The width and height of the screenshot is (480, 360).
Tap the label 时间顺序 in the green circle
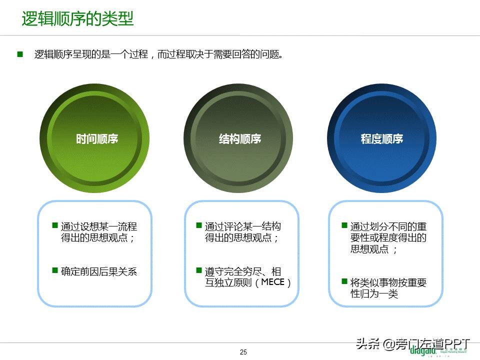(x=97, y=139)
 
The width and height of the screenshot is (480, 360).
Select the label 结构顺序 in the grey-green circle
(x=240, y=139)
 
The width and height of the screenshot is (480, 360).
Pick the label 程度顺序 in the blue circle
(x=382, y=139)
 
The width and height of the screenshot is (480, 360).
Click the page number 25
(x=243, y=352)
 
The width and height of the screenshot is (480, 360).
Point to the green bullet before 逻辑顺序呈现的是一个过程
(x=20, y=54)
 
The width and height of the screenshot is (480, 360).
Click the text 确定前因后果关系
(x=99, y=271)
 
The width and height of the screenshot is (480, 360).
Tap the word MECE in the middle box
(x=273, y=282)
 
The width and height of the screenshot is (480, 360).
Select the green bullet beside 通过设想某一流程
(x=55, y=225)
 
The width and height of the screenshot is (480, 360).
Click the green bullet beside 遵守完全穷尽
(x=199, y=270)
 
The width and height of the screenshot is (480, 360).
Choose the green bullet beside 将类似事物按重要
(x=344, y=281)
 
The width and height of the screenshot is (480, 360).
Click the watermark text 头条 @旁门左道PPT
(x=413, y=343)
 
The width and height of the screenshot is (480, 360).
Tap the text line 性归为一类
(x=374, y=294)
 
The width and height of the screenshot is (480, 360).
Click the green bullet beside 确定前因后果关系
(x=55, y=270)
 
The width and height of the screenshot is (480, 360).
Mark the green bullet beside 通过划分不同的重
(x=344, y=225)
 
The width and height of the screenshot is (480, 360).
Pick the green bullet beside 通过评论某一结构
(x=199, y=225)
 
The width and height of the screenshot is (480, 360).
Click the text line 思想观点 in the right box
(x=370, y=249)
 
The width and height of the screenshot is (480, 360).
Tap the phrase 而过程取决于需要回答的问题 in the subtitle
(x=220, y=54)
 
